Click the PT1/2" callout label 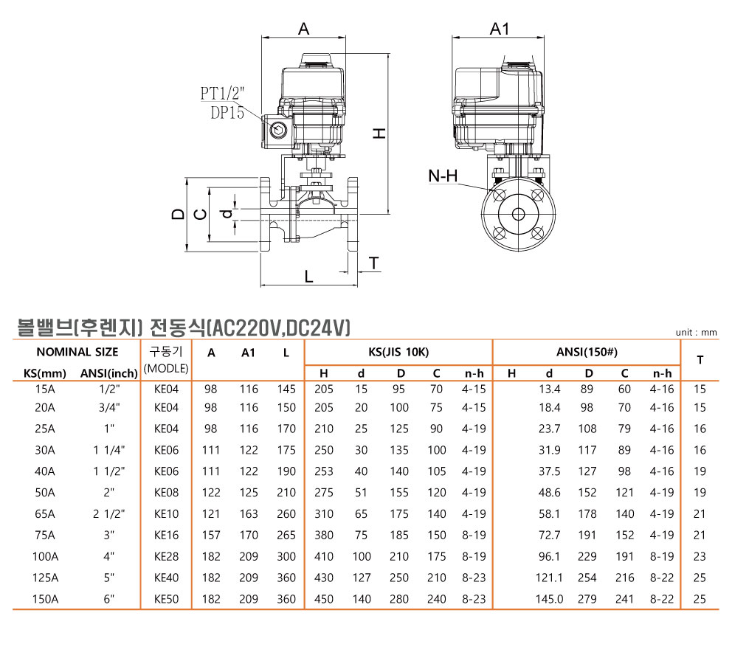pos(222,94)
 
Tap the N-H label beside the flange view pos(443,176)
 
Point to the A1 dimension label pos(500,29)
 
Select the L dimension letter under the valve pos(308,277)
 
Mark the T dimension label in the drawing pos(374,263)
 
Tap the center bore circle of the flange pos(518,214)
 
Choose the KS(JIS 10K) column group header pos(398,352)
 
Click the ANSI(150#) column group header pos(587,352)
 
